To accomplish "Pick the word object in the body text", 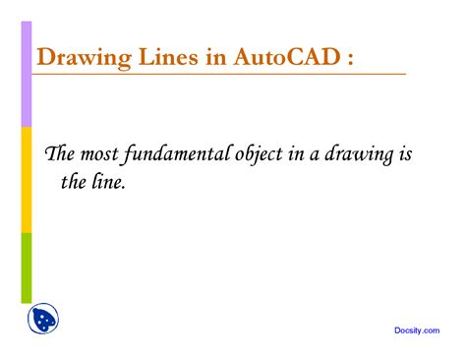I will coord(259,156).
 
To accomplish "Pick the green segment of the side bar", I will coord(27,267).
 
